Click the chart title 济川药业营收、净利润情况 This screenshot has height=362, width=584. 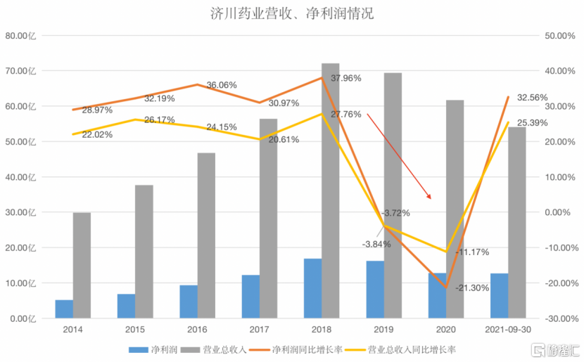point(292,13)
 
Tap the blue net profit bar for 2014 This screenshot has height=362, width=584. point(64,309)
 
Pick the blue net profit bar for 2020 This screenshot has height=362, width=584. point(437,295)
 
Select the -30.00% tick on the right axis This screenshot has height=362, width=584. point(555,318)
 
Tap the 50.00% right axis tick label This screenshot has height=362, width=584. point(555,35)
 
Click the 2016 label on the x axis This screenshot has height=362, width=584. point(197,330)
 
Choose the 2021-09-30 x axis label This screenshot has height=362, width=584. point(508,330)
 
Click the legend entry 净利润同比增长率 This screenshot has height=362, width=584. point(308,349)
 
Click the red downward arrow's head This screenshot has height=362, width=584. point(430,197)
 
